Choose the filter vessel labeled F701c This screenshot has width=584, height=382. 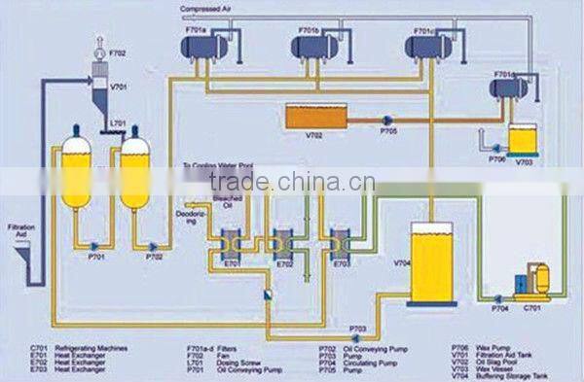[429, 45]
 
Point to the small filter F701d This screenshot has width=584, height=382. [507, 88]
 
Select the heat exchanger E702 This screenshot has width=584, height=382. [285, 242]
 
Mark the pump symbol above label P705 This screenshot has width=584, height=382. [387, 120]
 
